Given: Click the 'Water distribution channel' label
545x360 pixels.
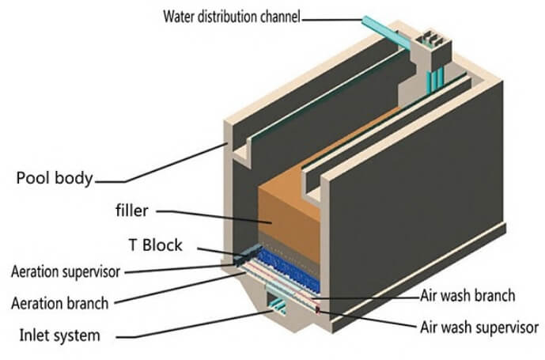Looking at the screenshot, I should [232, 15].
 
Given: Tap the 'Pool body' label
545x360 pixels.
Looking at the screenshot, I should [55, 177].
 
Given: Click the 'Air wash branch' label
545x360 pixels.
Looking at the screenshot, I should [467, 296].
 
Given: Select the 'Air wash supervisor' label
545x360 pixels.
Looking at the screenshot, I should [478, 326].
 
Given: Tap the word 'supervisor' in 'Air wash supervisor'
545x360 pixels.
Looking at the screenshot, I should [506, 326].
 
